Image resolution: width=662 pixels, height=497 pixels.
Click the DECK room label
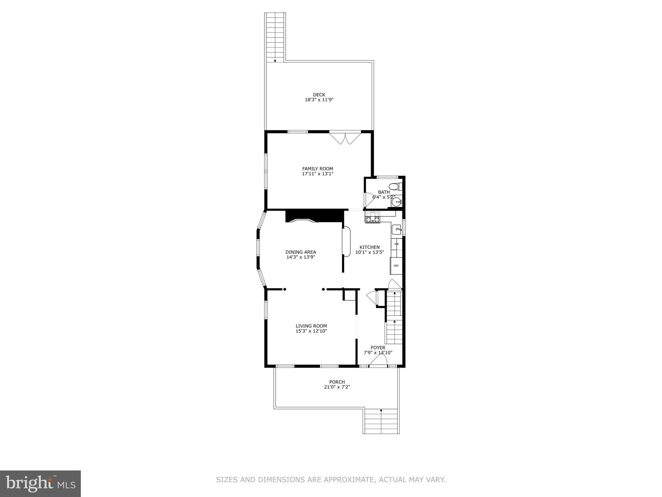pyautogui.click(x=319, y=95)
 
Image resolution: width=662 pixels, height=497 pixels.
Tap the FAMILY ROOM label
pyautogui.click(x=317, y=169)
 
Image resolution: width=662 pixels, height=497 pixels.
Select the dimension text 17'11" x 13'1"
pyautogui.click(x=317, y=174)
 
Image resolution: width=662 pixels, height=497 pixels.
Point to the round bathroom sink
pyautogui.click(x=396, y=203)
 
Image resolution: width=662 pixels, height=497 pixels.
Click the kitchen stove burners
pyautogui.click(x=373, y=217)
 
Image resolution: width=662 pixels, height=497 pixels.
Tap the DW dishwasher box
pyautogui.click(x=396, y=244)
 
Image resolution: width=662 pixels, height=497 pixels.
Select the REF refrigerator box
pyautogui.click(x=396, y=266)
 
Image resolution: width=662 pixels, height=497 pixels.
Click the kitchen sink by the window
pyautogui.click(x=397, y=229)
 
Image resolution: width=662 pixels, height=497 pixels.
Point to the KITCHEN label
pyautogui.click(x=369, y=247)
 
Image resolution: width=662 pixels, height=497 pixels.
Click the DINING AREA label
pyautogui.click(x=301, y=252)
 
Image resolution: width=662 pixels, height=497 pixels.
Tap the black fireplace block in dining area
pyautogui.click(x=314, y=216)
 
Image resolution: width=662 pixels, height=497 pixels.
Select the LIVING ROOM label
pyautogui.click(x=311, y=326)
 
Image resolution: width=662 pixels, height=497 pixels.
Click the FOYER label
pyautogui.click(x=378, y=348)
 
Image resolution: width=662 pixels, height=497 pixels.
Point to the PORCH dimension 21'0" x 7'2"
pyautogui.click(x=337, y=387)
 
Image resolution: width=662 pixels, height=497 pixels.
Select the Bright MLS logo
pyautogui.click(x=40, y=483)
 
